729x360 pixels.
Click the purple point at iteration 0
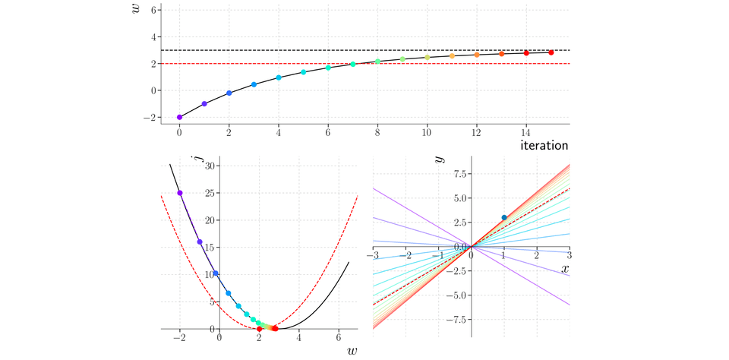[x=179, y=117]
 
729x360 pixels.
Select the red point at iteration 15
[x=551, y=52]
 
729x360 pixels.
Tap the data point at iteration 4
[x=279, y=77]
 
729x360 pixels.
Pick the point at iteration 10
[x=428, y=57]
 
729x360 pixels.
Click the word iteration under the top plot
[x=545, y=144]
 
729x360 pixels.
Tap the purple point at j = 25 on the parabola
[x=180, y=193]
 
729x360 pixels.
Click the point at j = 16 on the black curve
[x=200, y=242]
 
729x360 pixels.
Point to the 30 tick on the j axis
[x=213, y=166]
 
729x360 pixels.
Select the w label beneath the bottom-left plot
[x=352, y=351]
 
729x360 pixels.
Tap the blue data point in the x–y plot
[x=504, y=218]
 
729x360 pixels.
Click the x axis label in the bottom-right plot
[x=565, y=269]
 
